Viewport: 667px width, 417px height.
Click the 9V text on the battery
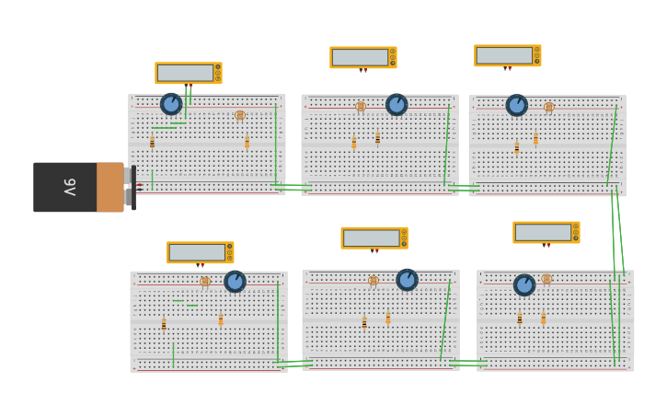(x=70, y=187)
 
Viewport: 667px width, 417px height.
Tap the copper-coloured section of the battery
(x=109, y=187)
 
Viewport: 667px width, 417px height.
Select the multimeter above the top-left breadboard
(x=188, y=73)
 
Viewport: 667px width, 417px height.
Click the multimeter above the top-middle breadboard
(x=362, y=57)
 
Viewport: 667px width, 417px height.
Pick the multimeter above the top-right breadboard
(x=507, y=55)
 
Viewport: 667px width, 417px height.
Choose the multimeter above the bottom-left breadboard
(x=200, y=252)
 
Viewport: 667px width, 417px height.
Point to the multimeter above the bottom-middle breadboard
(x=374, y=237)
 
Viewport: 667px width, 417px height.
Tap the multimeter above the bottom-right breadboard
(x=546, y=232)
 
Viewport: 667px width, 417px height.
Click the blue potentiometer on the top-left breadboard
(x=171, y=104)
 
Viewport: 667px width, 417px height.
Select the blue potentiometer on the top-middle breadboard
(x=397, y=105)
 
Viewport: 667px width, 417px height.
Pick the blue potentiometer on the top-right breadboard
(x=517, y=105)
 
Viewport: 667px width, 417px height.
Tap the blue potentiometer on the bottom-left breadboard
(x=235, y=281)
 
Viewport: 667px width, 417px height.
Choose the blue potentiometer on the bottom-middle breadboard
(x=407, y=279)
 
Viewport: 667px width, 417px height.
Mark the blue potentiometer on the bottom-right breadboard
(x=524, y=284)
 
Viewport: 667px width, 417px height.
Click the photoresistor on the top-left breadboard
(x=240, y=115)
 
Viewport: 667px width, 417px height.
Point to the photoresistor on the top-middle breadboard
(x=361, y=107)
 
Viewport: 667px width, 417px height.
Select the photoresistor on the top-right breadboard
(x=549, y=107)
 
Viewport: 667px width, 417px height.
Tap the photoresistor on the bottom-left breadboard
(x=205, y=282)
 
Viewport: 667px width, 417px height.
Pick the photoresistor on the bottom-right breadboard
(x=546, y=279)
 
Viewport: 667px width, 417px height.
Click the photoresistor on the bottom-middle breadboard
(x=374, y=280)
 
